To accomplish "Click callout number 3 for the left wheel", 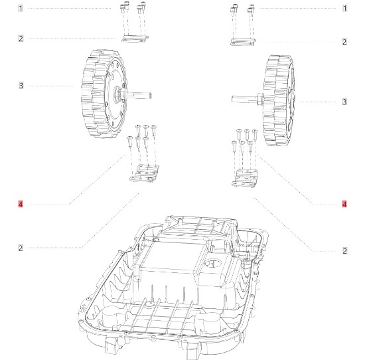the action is point(21,86).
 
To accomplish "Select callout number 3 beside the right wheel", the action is point(344,102).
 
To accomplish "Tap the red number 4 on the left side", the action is point(21,204).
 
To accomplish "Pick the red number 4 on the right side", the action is point(344,204).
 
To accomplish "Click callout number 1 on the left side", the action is point(21,8).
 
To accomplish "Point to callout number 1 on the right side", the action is point(344,8).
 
